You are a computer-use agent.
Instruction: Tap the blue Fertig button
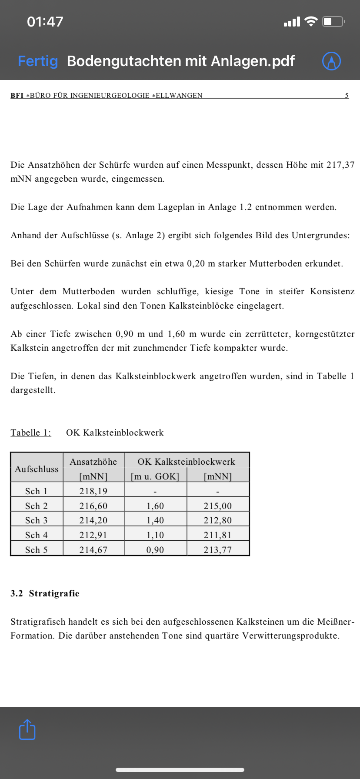tap(38, 61)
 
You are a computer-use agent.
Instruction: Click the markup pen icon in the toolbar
tap(331, 61)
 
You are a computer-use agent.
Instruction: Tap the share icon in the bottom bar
tap(27, 729)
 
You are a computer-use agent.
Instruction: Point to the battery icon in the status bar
tap(333, 21)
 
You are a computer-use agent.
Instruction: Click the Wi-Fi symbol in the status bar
tap(311, 21)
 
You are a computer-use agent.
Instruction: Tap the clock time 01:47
tap(45, 22)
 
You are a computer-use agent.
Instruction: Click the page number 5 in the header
tap(347, 95)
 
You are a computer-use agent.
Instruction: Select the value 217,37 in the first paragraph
tap(340, 165)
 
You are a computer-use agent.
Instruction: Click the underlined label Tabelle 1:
tap(31, 433)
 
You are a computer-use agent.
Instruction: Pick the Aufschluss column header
tap(37, 469)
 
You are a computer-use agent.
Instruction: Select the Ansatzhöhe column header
tap(93, 462)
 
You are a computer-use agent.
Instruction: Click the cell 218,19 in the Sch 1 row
tap(93, 491)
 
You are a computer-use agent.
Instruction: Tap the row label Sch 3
tap(37, 520)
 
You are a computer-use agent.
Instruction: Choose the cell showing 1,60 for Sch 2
tap(155, 506)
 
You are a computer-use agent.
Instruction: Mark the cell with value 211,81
tap(218, 535)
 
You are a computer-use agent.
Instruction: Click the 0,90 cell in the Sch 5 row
tap(155, 550)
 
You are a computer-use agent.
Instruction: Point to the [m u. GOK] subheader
tap(155, 476)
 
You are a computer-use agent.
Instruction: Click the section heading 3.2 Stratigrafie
tap(45, 593)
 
